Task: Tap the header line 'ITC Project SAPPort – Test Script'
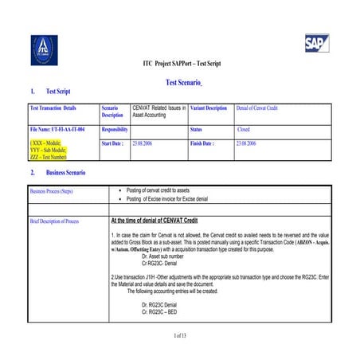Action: (x=181, y=63)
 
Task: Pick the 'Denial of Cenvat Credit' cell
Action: (x=260, y=108)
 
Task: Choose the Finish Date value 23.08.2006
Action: (x=245, y=143)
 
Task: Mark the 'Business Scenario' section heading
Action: (x=65, y=173)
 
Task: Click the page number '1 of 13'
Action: (x=180, y=337)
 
